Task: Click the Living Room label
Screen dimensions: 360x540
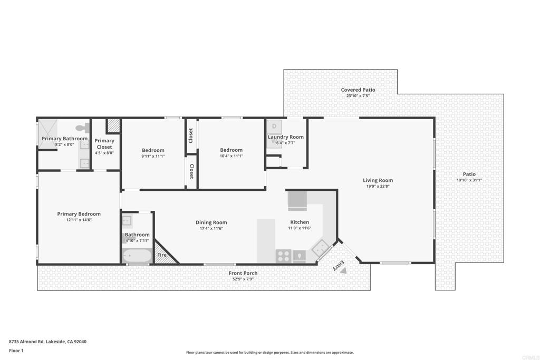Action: coord(378,180)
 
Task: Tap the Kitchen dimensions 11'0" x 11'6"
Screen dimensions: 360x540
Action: coord(300,228)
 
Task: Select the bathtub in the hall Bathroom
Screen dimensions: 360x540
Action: coord(137,256)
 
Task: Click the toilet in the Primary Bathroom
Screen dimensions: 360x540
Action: coord(82,128)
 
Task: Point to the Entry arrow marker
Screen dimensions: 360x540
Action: coord(343,270)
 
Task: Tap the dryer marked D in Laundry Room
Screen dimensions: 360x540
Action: coord(274,127)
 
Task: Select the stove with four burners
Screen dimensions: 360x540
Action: coord(284,256)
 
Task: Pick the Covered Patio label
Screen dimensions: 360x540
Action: coord(358,90)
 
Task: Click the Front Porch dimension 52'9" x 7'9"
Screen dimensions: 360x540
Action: coord(243,279)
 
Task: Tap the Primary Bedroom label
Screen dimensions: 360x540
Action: coord(79,214)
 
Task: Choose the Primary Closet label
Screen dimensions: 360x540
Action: coord(104,144)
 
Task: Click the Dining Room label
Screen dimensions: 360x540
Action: coord(211,222)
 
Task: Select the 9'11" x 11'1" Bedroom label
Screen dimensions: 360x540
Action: coord(153,150)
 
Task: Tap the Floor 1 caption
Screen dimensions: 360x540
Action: coord(16,351)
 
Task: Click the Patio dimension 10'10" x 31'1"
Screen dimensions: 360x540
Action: coord(469,180)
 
